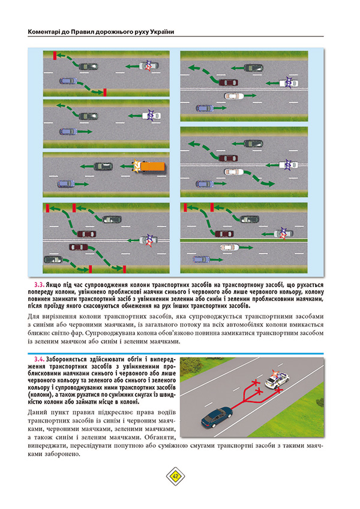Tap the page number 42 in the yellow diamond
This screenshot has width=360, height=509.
coord(176,476)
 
